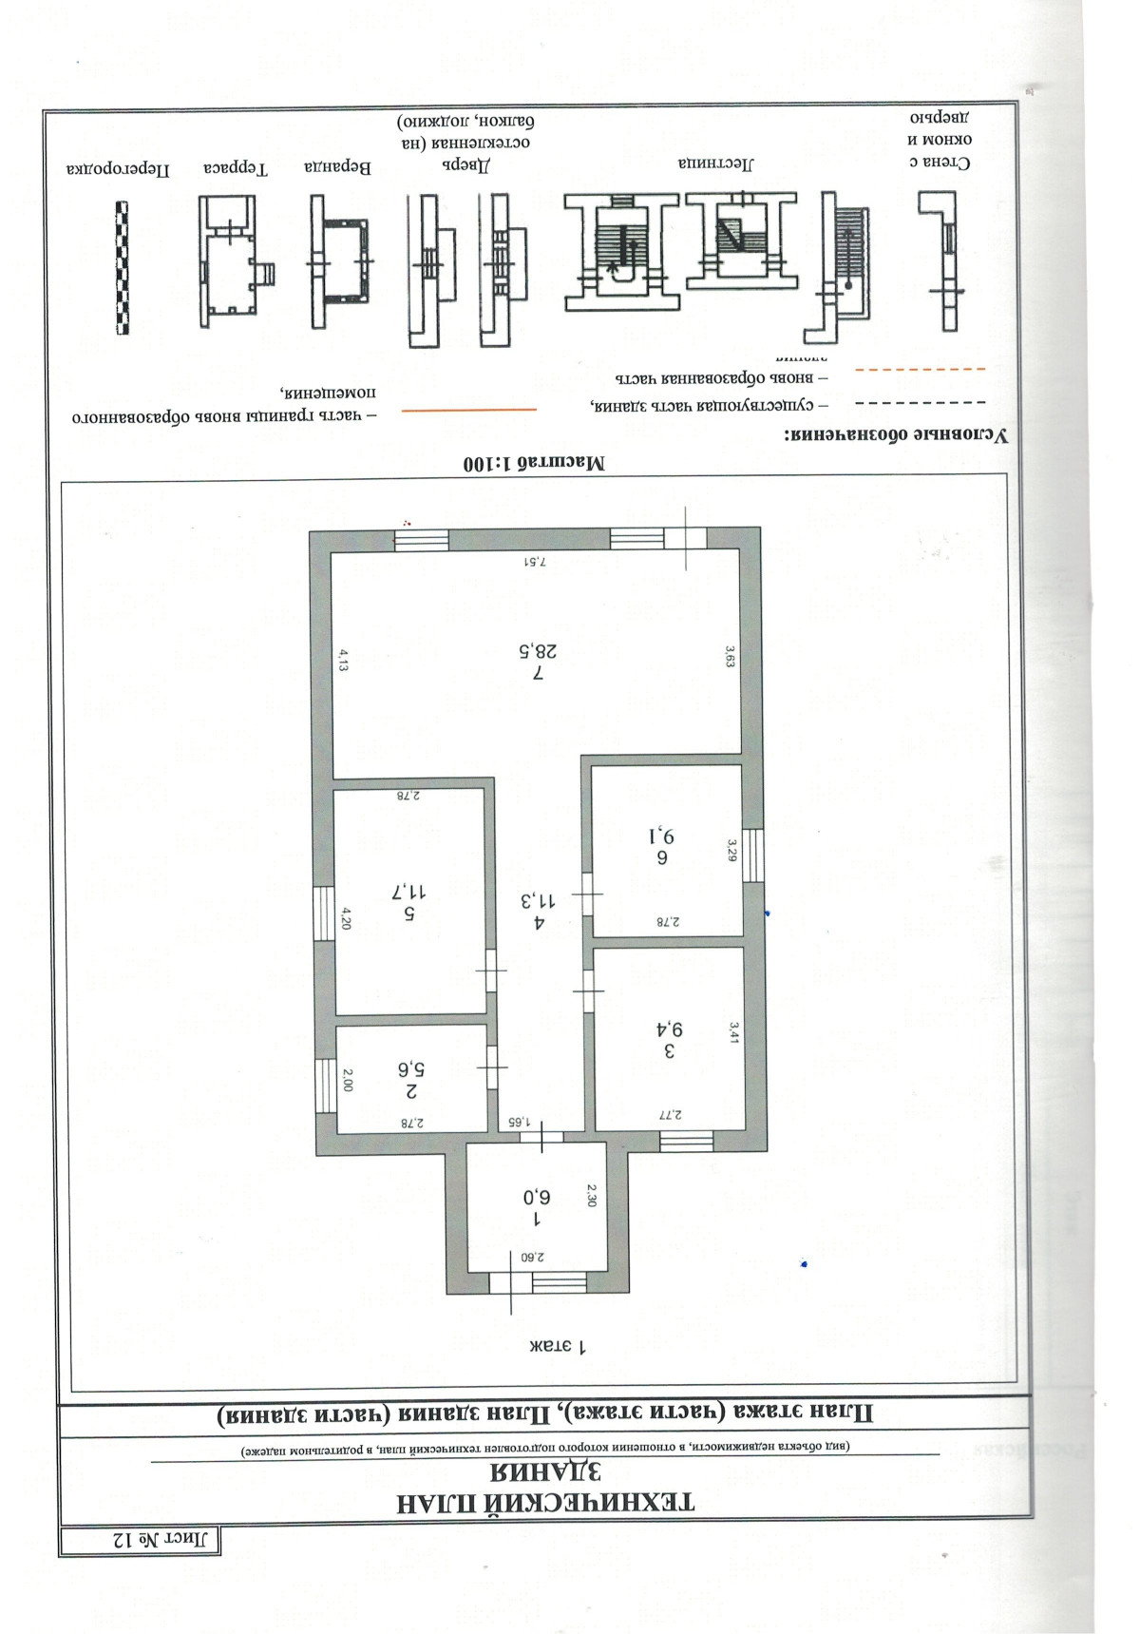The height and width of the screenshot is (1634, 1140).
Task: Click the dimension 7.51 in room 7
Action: click(x=536, y=562)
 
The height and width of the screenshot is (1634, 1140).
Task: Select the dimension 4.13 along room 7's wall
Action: click(x=345, y=660)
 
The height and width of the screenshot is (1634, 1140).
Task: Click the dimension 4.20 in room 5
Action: click(x=347, y=918)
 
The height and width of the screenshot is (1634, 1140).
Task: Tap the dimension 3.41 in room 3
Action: click(x=732, y=1031)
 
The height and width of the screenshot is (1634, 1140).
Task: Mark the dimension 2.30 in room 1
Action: click(x=592, y=1195)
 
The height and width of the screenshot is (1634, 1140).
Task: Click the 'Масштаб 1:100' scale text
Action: click(x=533, y=465)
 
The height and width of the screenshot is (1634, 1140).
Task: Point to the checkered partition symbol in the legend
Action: click(x=122, y=267)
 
